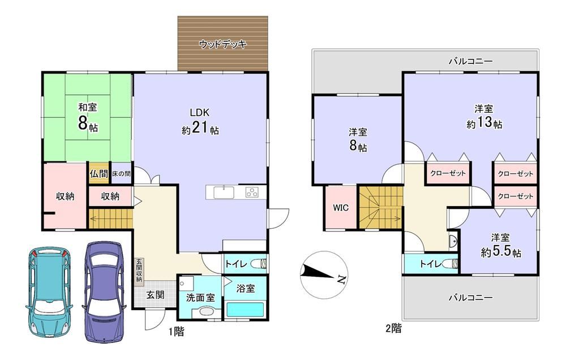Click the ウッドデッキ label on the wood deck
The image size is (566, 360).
tap(222, 44)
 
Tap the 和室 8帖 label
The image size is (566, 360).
tap(88, 117)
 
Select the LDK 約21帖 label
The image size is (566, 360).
tap(200, 121)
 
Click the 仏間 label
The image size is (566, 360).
tap(99, 174)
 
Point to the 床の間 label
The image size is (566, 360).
tap(121, 174)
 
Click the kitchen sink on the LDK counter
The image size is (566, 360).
tap(224, 192)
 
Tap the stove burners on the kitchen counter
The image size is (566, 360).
tap(252, 192)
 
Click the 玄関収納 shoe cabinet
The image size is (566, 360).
tap(139, 270)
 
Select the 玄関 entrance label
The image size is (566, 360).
tap(155, 295)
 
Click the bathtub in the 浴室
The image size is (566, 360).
tap(246, 310)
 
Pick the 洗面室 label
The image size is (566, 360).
tap(200, 298)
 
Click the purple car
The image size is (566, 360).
tap(104, 292)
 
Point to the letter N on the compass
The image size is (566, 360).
tap(341, 279)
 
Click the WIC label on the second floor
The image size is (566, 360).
tap(341, 208)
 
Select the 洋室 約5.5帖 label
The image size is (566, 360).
tap(501, 245)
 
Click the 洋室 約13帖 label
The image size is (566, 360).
tap(484, 116)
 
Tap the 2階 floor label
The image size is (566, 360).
tap(393, 329)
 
